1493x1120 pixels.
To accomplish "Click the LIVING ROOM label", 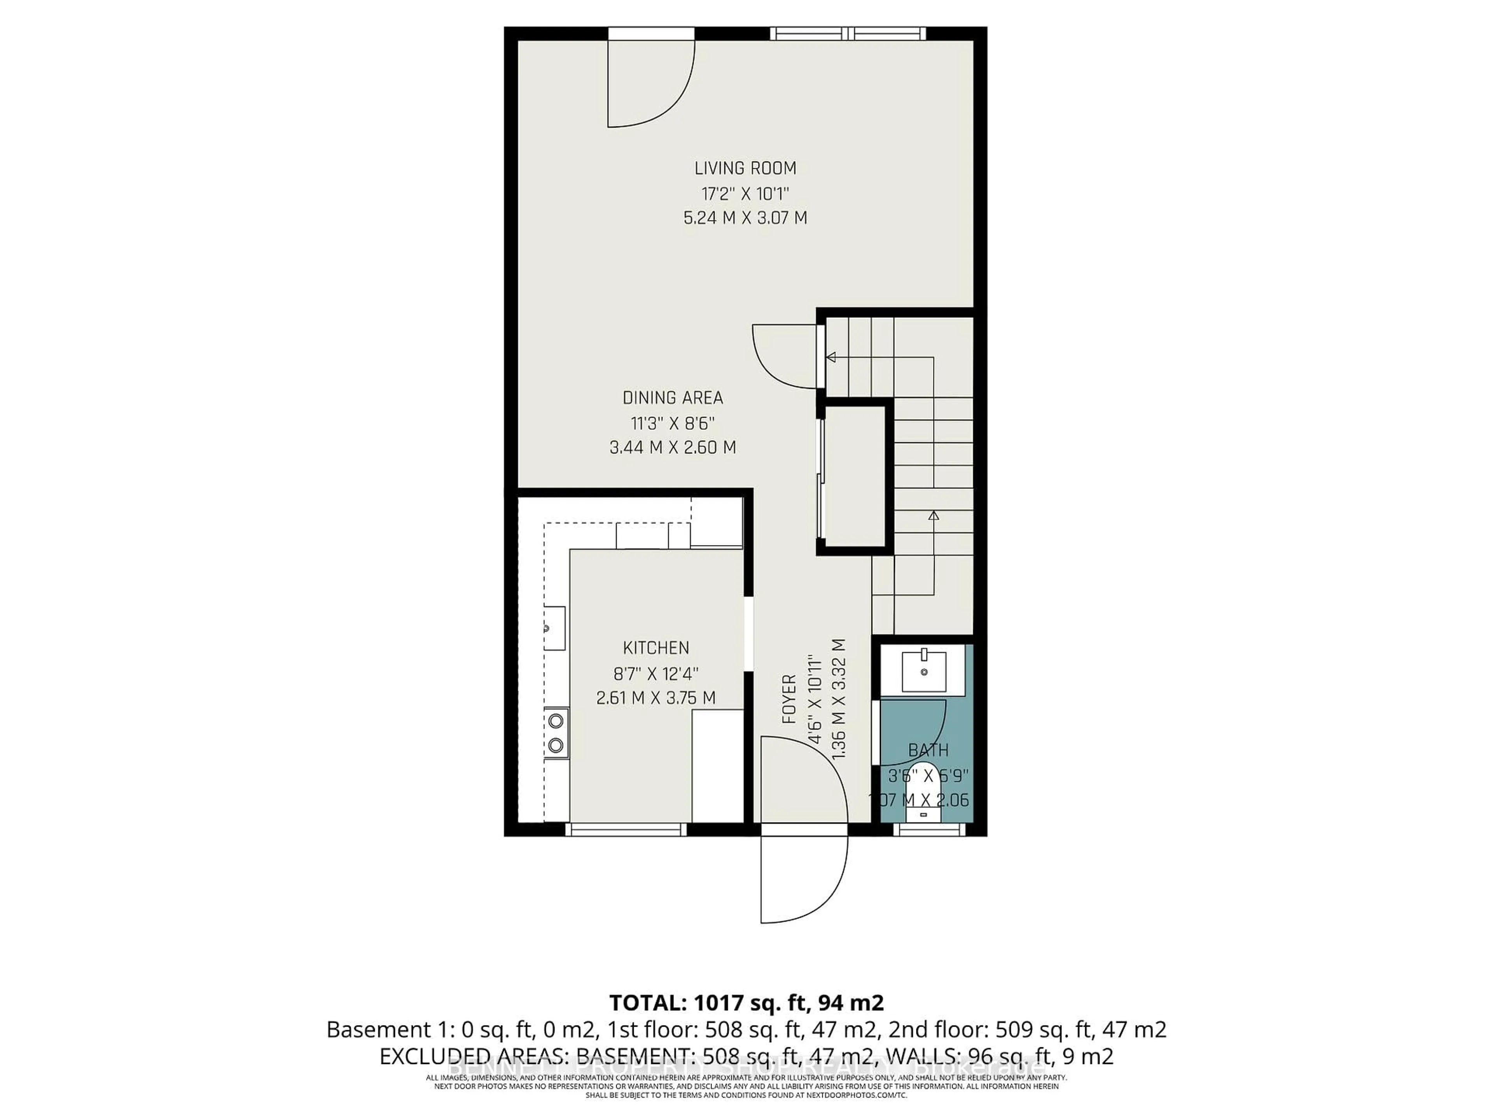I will (x=745, y=168).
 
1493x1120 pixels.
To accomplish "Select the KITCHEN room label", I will (x=656, y=648).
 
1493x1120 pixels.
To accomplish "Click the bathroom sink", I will (x=924, y=670).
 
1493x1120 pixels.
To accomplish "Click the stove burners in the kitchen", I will (x=556, y=733).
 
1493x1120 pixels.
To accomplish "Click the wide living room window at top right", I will (x=848, y=33).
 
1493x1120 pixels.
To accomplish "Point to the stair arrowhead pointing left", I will (x=831, y=357).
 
